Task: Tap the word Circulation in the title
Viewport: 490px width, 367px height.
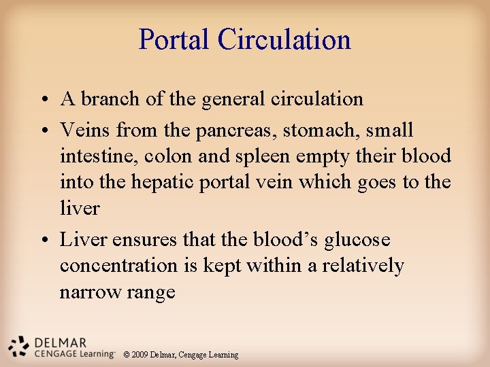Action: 284,39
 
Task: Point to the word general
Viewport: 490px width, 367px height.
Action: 231,99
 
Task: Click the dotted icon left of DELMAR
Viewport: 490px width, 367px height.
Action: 18,346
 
